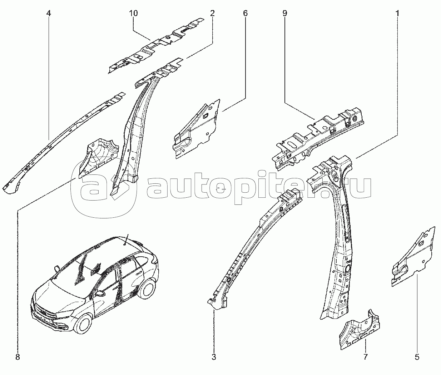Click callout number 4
coord(49,14)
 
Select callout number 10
coord(133,14)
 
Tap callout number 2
coord(212,14)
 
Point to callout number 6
coord(245,14)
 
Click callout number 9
coord(284,14)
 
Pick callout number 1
coord(397,14)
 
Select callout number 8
coord(18,356)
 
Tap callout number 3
coord(214,356)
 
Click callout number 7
coord(366,356)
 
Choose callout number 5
coord(417,356)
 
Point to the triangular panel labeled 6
coord(197,129)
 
